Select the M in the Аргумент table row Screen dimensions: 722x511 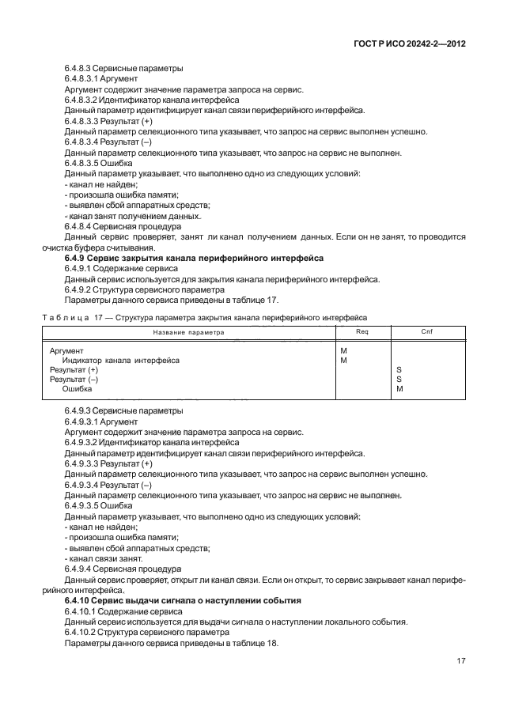[343, 350]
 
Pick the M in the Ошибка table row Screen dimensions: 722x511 [399, 388]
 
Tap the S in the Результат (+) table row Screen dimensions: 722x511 [399, 369]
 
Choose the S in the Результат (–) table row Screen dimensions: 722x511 [399, 379]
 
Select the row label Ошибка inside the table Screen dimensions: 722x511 [77, 388]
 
